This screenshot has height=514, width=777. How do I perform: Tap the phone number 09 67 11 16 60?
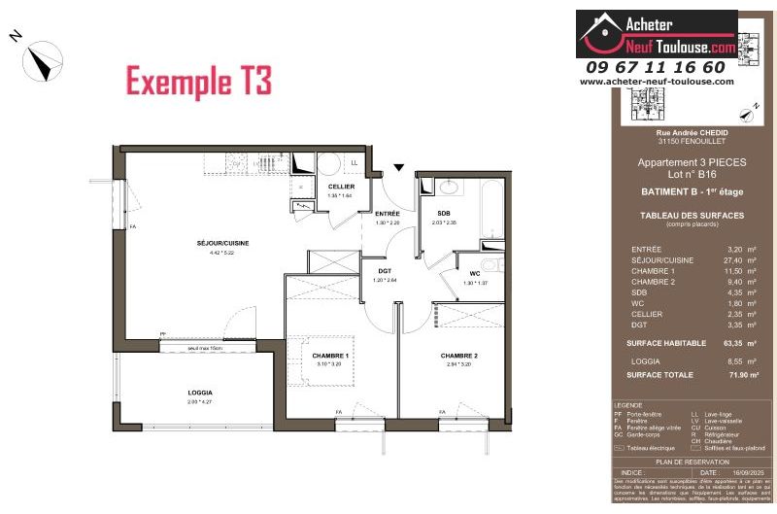coord(656,67)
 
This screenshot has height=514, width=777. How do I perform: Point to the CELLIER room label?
coord(340,186)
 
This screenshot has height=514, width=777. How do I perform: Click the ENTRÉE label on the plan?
coord(388,213)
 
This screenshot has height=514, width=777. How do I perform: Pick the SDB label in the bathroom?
coord(443,213)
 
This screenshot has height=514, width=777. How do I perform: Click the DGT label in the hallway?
coord(385,271)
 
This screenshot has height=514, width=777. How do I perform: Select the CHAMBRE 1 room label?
coord(330,356)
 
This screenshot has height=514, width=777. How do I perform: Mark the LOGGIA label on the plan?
coord(200,393)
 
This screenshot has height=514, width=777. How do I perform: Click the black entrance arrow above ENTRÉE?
coord(398,166)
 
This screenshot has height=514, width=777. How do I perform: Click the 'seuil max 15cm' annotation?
coord(200,348)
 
